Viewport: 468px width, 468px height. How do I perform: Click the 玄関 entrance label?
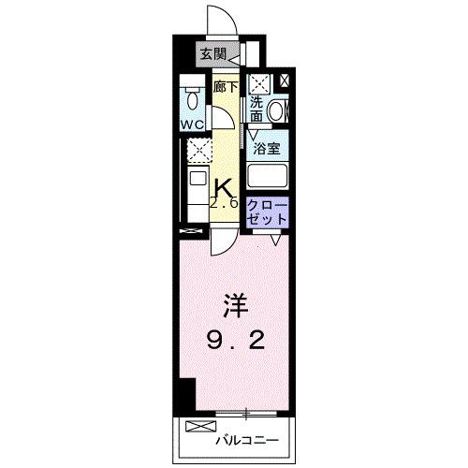[213, 54]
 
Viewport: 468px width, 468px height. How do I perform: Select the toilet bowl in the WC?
[192, 97]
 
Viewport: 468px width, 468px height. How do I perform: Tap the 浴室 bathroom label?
[268, 148]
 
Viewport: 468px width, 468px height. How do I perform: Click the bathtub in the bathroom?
[268, 176]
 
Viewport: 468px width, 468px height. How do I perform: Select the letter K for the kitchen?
[224, 185]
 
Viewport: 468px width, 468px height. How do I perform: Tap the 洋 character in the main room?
[234, 306]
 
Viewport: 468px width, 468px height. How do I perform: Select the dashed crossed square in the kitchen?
[197, 151]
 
